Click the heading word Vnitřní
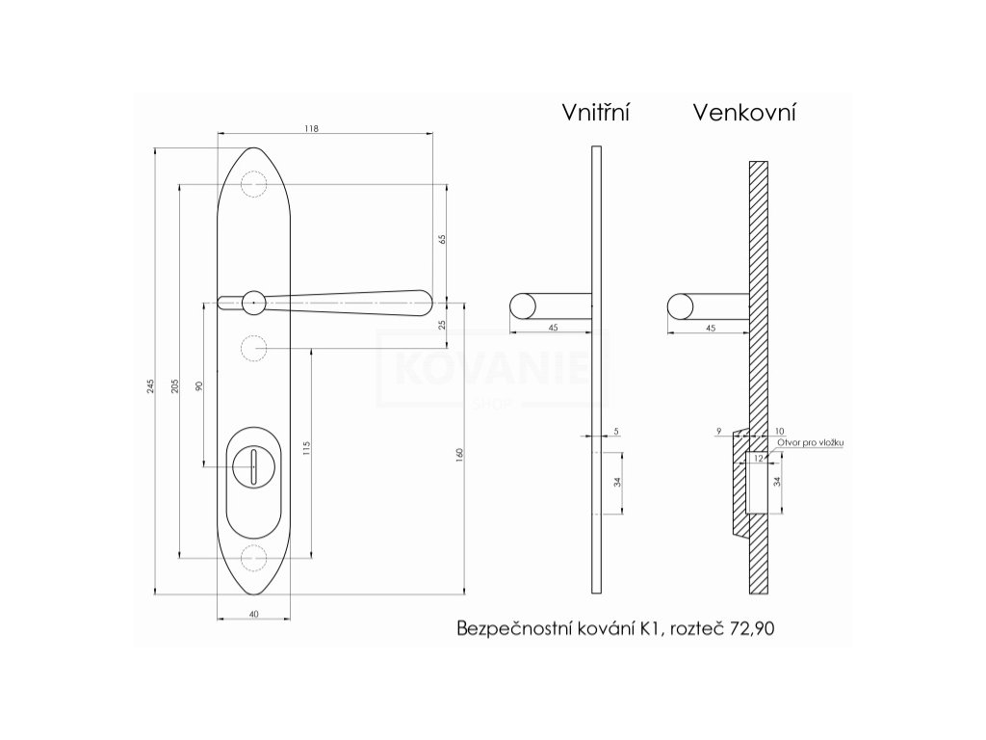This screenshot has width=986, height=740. click(595, 112)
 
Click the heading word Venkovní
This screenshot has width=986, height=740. click(744, 112)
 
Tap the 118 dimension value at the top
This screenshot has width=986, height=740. click(311, 128)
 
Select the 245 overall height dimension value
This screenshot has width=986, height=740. click(150, 386)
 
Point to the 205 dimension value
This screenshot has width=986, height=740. click(175, 385)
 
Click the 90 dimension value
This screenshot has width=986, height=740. click(199, 385)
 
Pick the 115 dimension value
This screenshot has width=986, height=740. click(306, 448)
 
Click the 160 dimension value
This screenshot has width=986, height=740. click(459, 455)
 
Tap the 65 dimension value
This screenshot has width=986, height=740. click(442, 239)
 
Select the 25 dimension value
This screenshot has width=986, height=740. click(442, 325)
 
